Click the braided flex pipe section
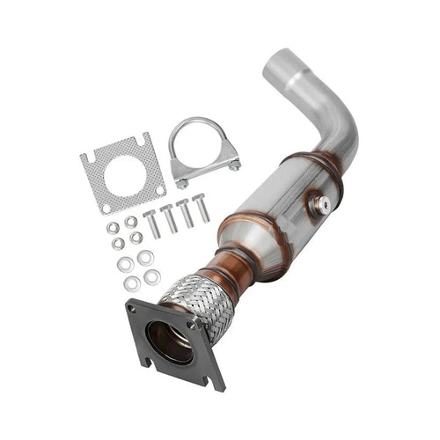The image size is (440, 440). (x=195, y=304)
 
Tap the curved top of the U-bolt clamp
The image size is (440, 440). (x=203, y=125)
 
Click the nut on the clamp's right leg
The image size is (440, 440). (x=234, y=165)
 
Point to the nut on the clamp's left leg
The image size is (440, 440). (x=182, y=183)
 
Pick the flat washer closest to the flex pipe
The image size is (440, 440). (x=152, y=277)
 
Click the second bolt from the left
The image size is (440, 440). (x=168, y=217)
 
